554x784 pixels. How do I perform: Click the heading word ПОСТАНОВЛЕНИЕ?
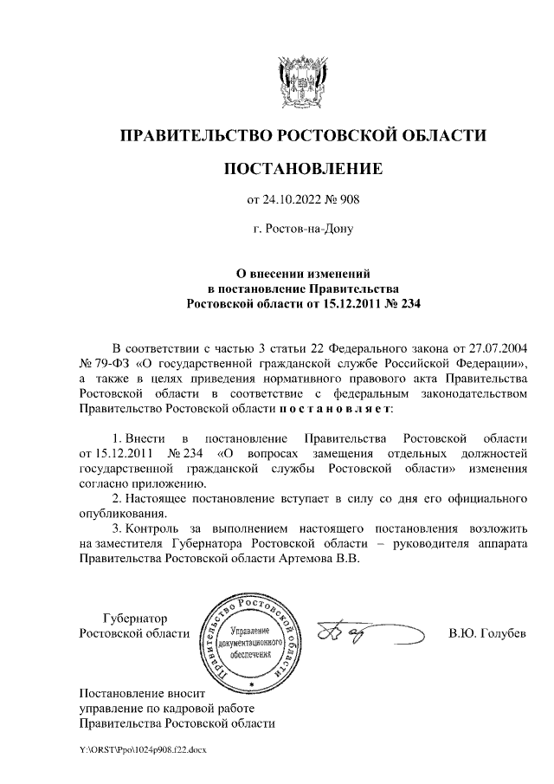[x=302, y=168]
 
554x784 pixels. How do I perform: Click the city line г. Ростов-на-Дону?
[x=302, y=230]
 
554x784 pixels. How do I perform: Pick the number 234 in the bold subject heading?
[x=405, y=303]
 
